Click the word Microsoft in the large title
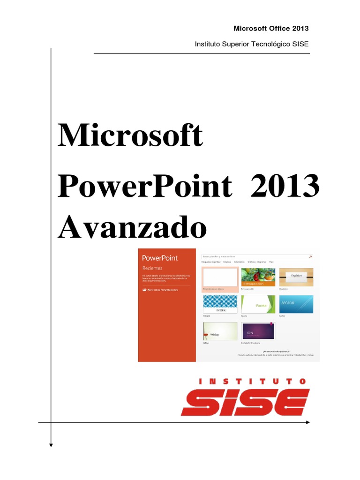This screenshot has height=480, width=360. pyautogui.click(x=130, y=136)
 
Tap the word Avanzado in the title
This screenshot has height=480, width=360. pyautogui.click(x=132, y=228)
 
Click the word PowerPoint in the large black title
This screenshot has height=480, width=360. pyautogui.click(x=144, y=187)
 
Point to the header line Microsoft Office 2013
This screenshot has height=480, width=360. pyautogui.click(x=271, y=29)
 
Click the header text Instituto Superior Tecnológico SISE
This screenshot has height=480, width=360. pyautogui.click(x=252, y=44)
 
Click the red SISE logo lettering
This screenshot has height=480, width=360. pyautogui.click(x=245, y=402)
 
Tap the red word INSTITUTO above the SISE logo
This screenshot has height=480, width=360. pyautogui.click(x=252, y=382)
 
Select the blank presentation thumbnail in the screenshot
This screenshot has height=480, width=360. pyautogui.click(x=219, y=277)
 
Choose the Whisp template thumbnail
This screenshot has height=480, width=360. pyautogui.click(x=219, y=331)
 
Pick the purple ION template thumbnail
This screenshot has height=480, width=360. pyautogui.click(x=258, y=331)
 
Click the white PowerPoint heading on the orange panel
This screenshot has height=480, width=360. pyautogui.click(x=160, y=258)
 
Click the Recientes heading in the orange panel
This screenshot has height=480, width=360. pyautogui.click(x=152, y=268)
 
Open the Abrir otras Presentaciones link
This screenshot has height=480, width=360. pyautogui.click(x=162, y=290)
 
